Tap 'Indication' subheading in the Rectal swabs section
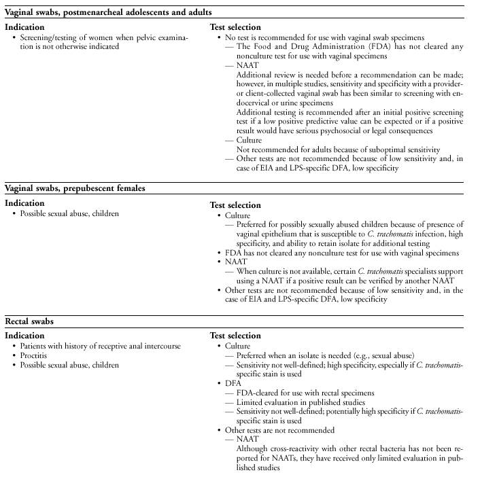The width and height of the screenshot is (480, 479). (25, 336)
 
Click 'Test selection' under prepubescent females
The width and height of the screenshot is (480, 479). (236, 205)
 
